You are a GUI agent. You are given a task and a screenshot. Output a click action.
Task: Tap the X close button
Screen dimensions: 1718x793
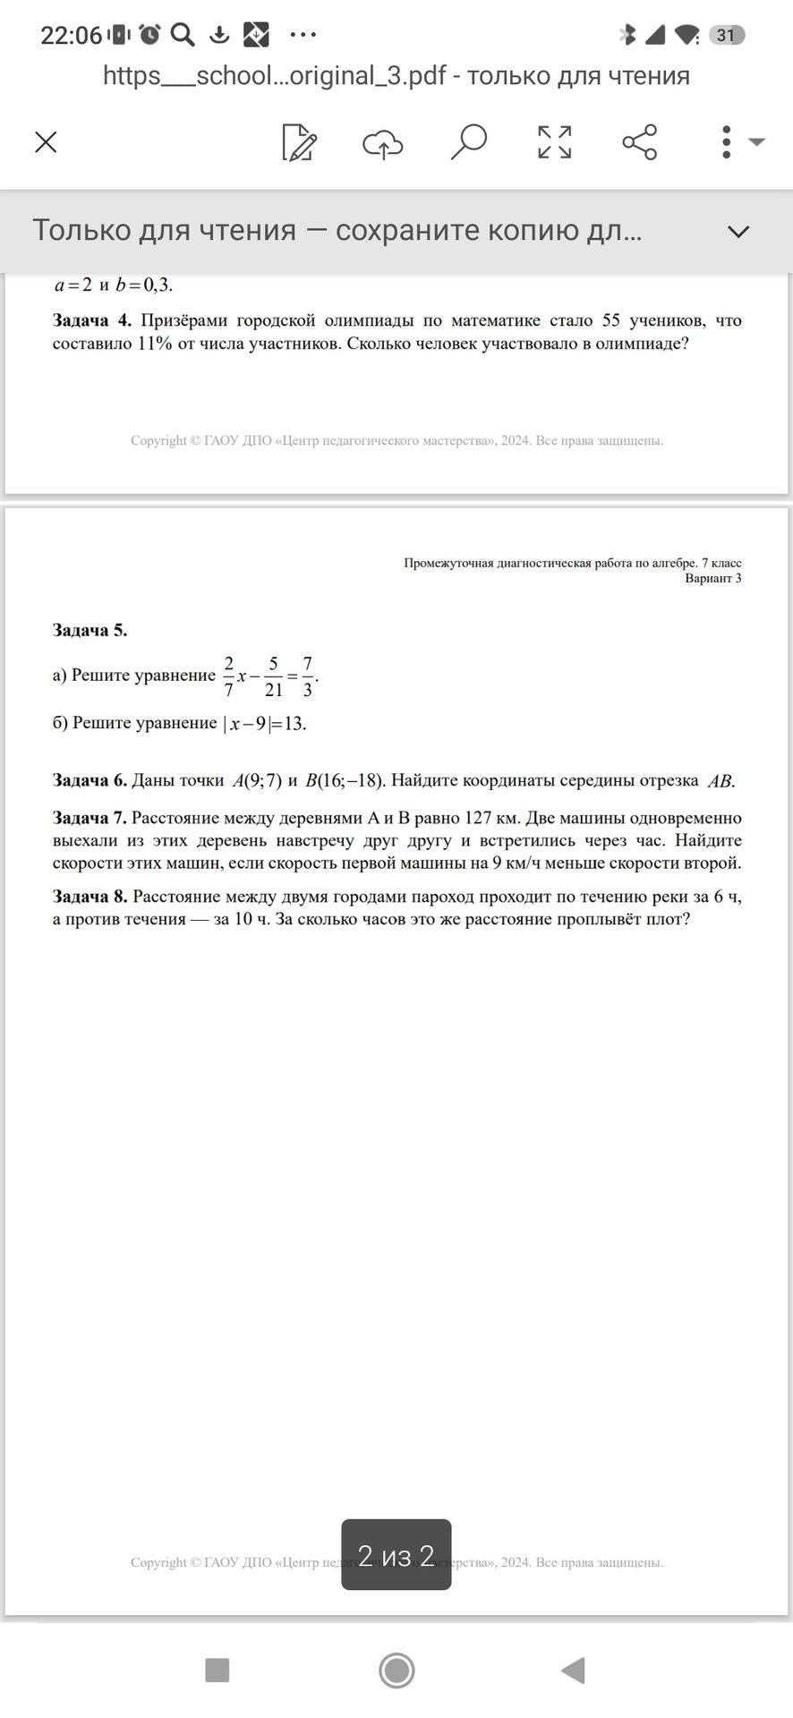click(46, 142)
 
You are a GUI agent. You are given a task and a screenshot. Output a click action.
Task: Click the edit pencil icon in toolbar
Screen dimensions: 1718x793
click(299, 142)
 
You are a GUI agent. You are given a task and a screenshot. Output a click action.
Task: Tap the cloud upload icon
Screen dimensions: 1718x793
click(383, 142)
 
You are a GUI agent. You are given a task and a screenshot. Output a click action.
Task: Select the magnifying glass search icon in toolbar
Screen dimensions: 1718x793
click(468, 141)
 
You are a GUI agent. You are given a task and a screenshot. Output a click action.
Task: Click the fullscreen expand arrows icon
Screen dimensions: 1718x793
click(554, 142)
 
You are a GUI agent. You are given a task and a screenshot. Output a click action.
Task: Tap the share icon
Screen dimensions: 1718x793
click(639, 142)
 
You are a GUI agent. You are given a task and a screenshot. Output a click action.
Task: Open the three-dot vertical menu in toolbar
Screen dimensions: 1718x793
click(726, 142)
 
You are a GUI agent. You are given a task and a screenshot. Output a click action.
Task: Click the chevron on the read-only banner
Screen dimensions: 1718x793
click(738, 232)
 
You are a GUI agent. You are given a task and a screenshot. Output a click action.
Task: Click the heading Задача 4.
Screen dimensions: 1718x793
click(92, 320)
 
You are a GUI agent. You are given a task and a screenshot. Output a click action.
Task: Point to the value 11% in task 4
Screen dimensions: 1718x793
click(154, 344)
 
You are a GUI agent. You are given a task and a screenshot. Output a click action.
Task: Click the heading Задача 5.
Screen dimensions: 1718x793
click(90, 630)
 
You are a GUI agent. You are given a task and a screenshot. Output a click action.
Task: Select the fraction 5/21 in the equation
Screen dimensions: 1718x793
click(273, 676)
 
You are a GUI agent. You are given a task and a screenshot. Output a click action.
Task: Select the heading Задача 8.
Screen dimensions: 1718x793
click(90, 897)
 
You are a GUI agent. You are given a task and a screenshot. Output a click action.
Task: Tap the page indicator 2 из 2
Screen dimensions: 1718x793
click(396, 1556)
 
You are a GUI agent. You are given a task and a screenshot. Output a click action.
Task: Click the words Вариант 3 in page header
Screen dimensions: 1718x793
click(712, 578)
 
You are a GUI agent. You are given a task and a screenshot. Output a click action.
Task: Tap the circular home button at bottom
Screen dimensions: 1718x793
click(396, 1671)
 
